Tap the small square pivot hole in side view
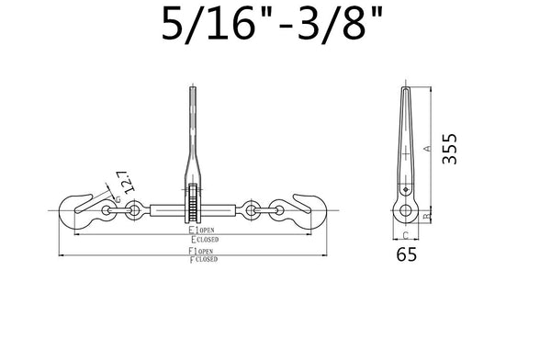point(404,190)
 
